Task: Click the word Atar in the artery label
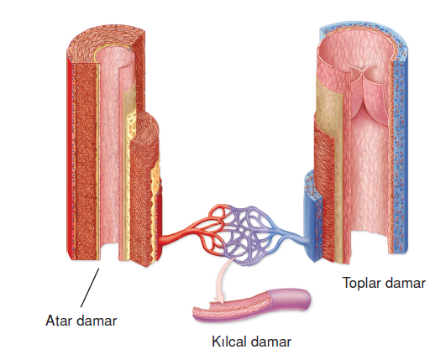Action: tap(59, 321)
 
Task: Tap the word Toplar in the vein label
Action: tap(359, 283)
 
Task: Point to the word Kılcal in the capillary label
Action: tap(228, 342)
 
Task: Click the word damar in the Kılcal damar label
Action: tap(270, 342)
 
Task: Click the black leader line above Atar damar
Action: tap(90, 288)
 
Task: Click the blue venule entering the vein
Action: tap(294, 236)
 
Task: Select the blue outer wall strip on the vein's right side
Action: tap(400, 157)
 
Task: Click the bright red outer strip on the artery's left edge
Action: tap(71, 159)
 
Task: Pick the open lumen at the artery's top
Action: tap(115, 57)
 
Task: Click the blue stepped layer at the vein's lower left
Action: tap(313, 217)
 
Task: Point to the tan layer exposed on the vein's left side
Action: tap(328, 98)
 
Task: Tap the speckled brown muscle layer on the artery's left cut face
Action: tap(86, 161)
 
